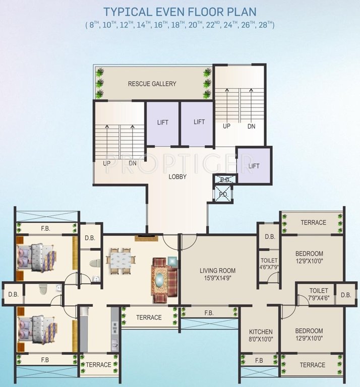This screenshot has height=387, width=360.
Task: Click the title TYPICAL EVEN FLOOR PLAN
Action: tap(179, 12)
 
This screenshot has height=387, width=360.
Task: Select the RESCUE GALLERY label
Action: tap(152, 84)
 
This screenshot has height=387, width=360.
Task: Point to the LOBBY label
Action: tap(177, 177)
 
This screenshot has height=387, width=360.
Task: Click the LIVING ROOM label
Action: tap(217, 271)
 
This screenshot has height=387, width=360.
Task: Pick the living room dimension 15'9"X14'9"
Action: tap(217, 278)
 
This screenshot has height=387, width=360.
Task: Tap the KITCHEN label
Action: tap(261, 332)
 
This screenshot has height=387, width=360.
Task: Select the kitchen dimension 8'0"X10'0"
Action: tap(261, 339)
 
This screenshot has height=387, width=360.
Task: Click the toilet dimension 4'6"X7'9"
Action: tap(269, 267)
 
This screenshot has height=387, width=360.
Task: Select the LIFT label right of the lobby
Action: tap(254, 165)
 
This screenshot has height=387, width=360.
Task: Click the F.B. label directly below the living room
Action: tap(209, 313)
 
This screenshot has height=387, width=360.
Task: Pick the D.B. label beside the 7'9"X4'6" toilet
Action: tap(345, 295)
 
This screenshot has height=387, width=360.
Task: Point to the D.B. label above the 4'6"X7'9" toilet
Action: tap(270, 237)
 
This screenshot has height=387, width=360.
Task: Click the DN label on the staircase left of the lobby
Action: tap(133, 164)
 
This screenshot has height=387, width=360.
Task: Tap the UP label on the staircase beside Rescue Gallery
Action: tap(226, 126)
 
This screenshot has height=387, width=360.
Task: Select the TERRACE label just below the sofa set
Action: tap(149, 317)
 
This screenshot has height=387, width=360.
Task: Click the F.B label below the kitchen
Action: tap(259, 361)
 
